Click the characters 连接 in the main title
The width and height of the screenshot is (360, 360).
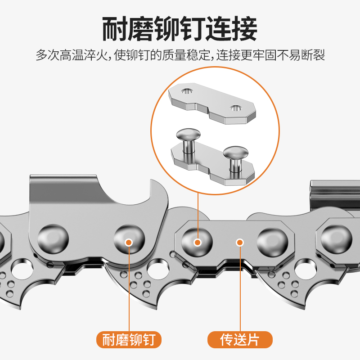tap(231, 29)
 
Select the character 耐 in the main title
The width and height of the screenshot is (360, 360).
tap(115, 29)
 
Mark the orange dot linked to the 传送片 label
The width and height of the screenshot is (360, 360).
tap(240, 242)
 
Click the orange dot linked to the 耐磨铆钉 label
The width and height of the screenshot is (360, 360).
tap(128, 242)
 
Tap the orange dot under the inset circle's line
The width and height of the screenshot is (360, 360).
tap(197, 242)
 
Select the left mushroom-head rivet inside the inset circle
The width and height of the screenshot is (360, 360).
tap(188, 135)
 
